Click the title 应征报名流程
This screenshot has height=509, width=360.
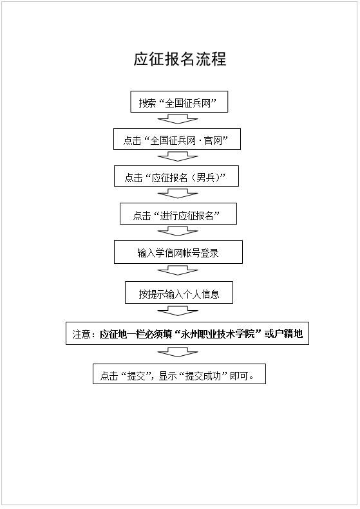click(180, 59)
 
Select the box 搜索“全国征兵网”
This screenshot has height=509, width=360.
click(179, 102)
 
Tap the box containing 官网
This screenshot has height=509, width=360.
click(177, 139)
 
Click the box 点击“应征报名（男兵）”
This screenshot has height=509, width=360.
click(176, 176)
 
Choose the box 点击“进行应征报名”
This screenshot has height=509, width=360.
click(178, 214)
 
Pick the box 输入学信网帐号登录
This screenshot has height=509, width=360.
click(178, 252)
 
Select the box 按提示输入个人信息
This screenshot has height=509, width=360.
click(179, 293)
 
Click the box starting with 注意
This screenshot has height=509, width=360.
click(187, 333)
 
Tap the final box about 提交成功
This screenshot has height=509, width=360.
click(179, 374)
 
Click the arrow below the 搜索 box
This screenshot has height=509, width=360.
click(178, 119)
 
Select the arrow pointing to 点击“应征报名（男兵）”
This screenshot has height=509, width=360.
click(178, 156)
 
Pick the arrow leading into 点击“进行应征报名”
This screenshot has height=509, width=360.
click(178, 193)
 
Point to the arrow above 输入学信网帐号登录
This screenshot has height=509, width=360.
click(178, 231)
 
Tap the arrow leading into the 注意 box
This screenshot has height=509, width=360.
click(178, 311)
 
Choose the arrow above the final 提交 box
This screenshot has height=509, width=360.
click(178, 352)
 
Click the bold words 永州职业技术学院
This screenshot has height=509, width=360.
click(218, 334)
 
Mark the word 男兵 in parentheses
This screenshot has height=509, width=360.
click(205, 178)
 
